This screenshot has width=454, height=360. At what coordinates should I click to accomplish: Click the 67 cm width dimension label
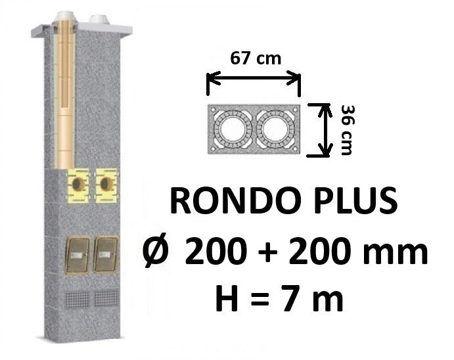(x=256, y=58)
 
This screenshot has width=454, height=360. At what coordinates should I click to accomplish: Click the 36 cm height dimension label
(x=347, y=130)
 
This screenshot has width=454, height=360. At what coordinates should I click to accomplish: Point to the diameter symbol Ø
(x=156, y=251)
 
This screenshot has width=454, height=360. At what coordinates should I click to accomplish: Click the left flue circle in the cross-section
(x=233, y=129)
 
